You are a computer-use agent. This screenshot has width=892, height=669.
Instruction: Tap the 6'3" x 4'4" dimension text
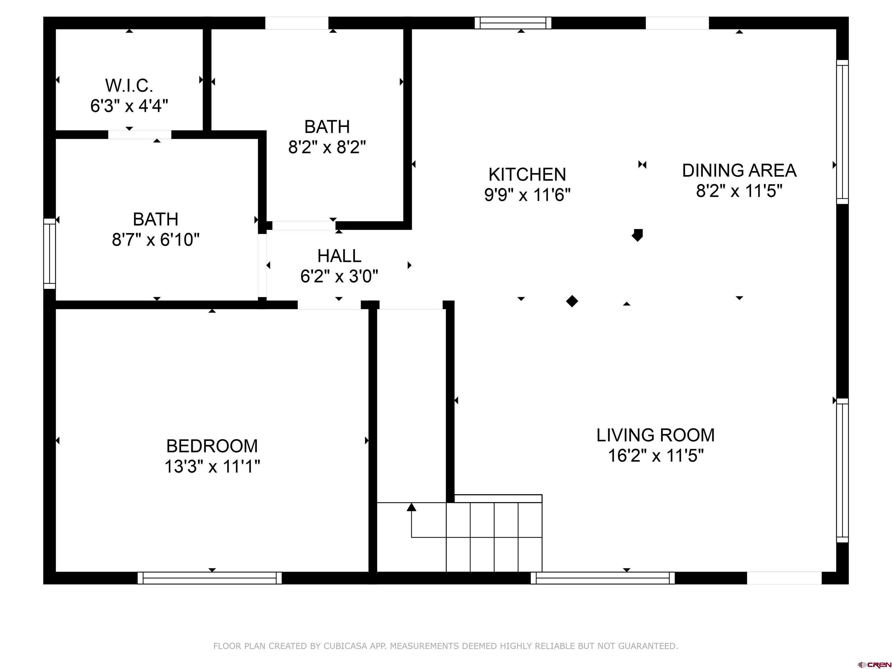tap(129, 106)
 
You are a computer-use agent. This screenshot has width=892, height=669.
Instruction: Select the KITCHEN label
tap(527, 175)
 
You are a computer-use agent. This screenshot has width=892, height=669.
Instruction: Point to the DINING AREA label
tap(739, 170)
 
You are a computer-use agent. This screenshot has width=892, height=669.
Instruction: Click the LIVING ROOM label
tap(655, 435)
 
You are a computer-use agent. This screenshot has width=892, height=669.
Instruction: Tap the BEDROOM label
tap(212, 446)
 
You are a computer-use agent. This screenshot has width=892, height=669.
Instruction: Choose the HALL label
tap(339, 256)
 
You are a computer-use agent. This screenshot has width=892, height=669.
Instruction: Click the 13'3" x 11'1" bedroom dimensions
tap(212, 467)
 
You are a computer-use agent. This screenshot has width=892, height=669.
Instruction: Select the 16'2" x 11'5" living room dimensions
tap(656, 456)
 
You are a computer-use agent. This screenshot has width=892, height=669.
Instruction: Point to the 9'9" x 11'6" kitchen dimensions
tap(527, 195)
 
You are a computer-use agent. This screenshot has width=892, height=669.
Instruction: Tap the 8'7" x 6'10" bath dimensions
tap(156, 240)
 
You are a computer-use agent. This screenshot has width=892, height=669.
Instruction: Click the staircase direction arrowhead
tap(411, 507)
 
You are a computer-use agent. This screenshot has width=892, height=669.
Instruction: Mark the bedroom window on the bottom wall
tap(210, 578)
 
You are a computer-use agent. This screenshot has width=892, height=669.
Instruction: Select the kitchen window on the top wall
tap(513, 23)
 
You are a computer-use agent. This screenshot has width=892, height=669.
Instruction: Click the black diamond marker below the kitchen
tap(572, 301)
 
